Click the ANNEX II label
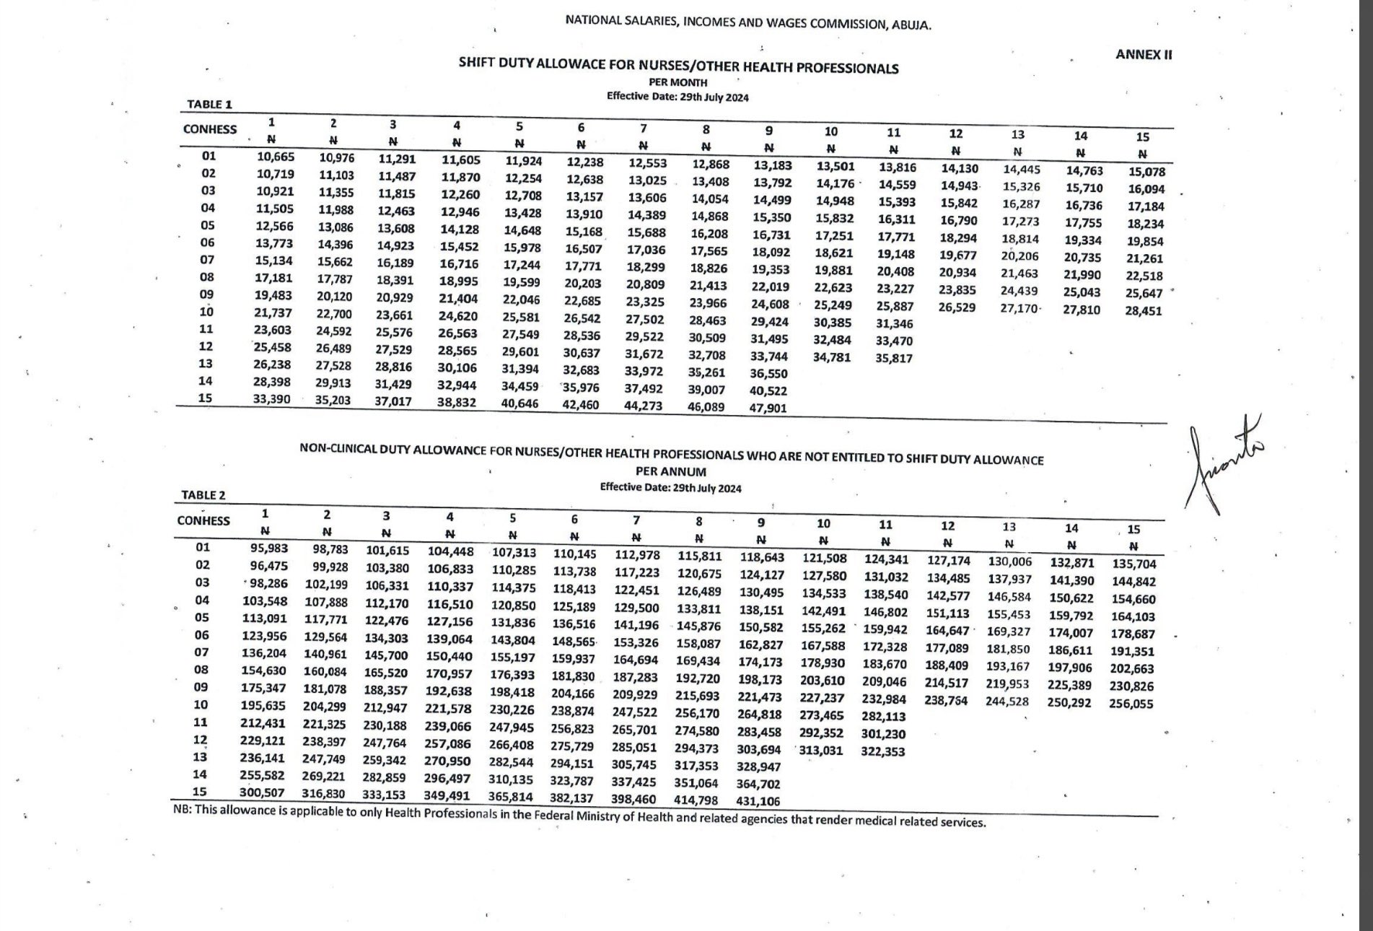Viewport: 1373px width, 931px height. pyautogui.click(x=1144, y=54)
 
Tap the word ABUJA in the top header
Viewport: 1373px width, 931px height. pyautogui.click(x=911, y=25)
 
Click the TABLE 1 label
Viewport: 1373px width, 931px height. pyautogui.click(x=209, y=104)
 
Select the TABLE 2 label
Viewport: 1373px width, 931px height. pyautogui.click(x=203, y=495)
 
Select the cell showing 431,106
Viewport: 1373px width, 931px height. pyautogui.click(x=758, y=800)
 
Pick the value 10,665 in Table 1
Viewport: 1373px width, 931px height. pyautogui.click(x=276, y=157)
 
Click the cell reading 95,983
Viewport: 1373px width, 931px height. pyautogui.click(x=269, y=548)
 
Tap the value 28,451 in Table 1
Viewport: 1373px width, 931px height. pyautogui.click(x=1144, y=311)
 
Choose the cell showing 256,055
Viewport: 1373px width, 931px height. pyautogui.click(x=1131, y=704)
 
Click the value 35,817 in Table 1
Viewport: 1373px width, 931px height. pyautogui.click(x=894, y=358)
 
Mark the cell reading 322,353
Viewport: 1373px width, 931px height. pyautogui.click(x=883, y=751)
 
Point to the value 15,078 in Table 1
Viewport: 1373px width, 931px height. pyautogui.click(x=1146, y=172)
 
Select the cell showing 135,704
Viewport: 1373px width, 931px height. pyautogui.click(x=1134, y=564)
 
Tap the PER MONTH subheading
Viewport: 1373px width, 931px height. pyautogui.click(x=678, y=82)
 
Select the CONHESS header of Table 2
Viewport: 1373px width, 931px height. pyautogui.click(x=203, y=521)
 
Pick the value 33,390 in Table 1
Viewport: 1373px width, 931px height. pyautogui.click(x=271, y=398)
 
